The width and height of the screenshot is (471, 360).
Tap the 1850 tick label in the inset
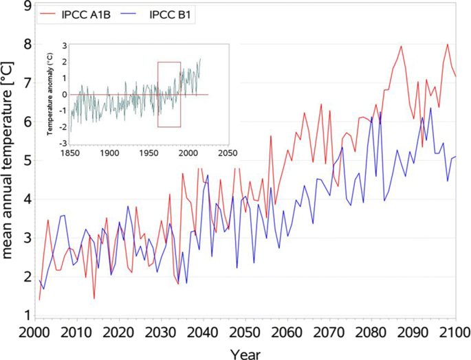69,153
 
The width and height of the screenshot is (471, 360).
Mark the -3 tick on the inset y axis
62,143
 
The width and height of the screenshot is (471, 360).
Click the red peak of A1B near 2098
448,45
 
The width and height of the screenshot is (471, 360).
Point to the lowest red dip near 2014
94,298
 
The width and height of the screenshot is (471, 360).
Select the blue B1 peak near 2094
431,108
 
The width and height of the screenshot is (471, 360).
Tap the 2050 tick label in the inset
227,153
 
